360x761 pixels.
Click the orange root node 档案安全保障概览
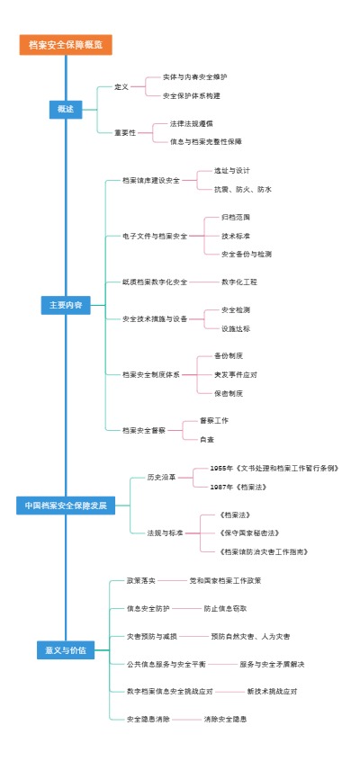[66, 45]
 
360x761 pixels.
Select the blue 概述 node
[66, 109]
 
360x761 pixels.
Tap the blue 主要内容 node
[66, 306]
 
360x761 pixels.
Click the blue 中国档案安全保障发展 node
[66, 506]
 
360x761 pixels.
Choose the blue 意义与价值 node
[66, 649]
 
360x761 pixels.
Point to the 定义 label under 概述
[121, 86]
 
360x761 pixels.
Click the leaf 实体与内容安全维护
[194, 77]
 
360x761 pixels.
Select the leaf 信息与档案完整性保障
[205, 141]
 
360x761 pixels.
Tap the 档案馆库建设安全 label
[150, 180]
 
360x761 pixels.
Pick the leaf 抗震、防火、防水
[242, 190]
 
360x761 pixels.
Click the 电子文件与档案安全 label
[155, 236]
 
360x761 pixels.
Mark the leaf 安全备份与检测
[246, 254]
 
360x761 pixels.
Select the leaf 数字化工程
[238, 282]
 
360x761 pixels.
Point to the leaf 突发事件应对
[235, 374]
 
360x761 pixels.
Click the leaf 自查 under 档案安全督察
[206, 439]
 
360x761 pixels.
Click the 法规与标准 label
[165, 533]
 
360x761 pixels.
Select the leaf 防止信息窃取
[225, 608]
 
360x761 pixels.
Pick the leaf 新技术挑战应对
[272, 691]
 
